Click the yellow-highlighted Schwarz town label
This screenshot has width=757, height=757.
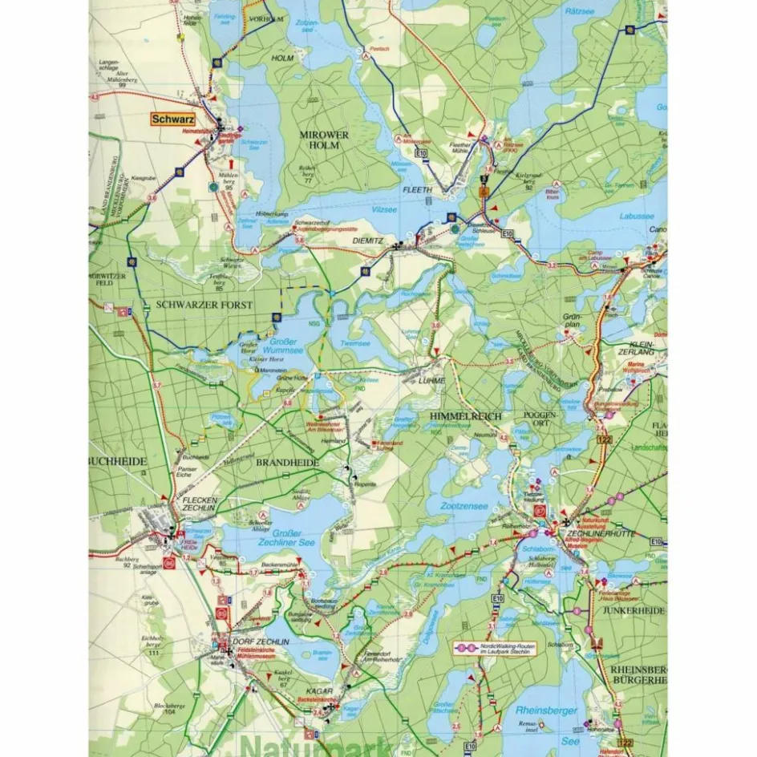(x=172, y=119)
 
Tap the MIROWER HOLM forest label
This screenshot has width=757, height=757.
(x=324, y=140)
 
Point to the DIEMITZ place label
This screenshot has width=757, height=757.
(x=369, y=239)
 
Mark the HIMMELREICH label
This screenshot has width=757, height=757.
(x=465, y=417)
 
